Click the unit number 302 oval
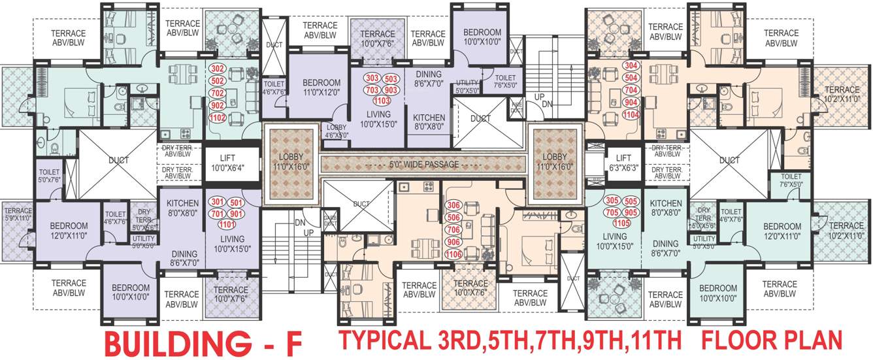click(218, 68)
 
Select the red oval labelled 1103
click(381, 101)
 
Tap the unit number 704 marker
click(631, 90)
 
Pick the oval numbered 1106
click(453, 254)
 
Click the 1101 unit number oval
click(227, 225)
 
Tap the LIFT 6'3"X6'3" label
click(623, 163)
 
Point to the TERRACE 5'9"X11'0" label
click(18, 215)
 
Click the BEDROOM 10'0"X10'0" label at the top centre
click(482, 37)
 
